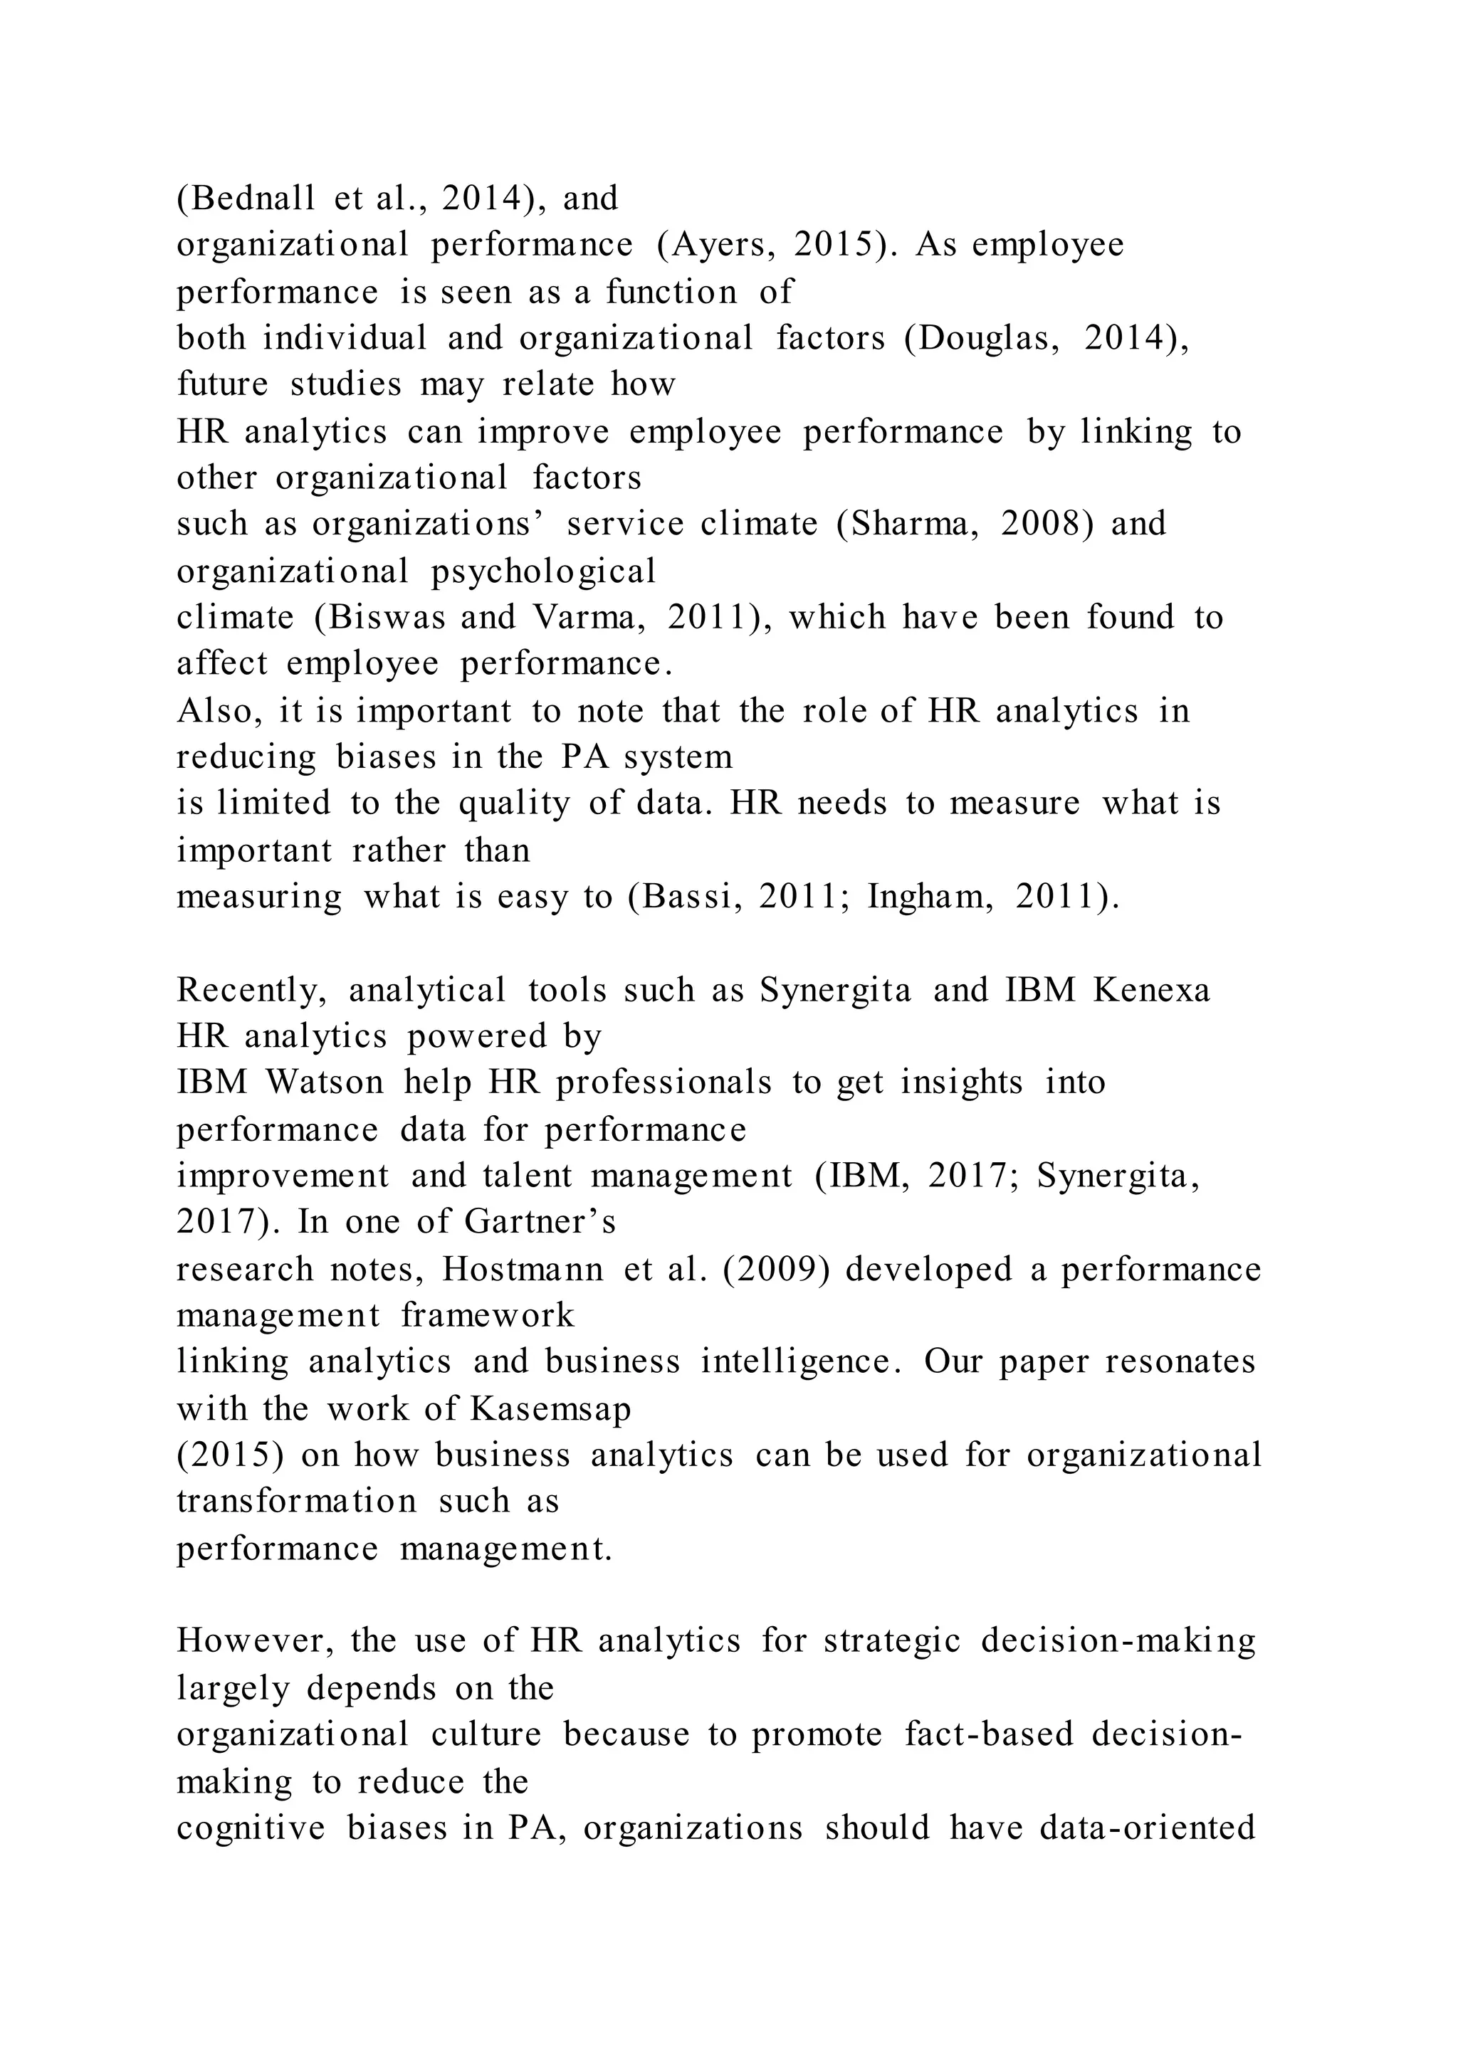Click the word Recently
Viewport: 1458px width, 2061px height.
coord(251,990)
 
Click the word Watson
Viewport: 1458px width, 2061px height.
coord(325,1082)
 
